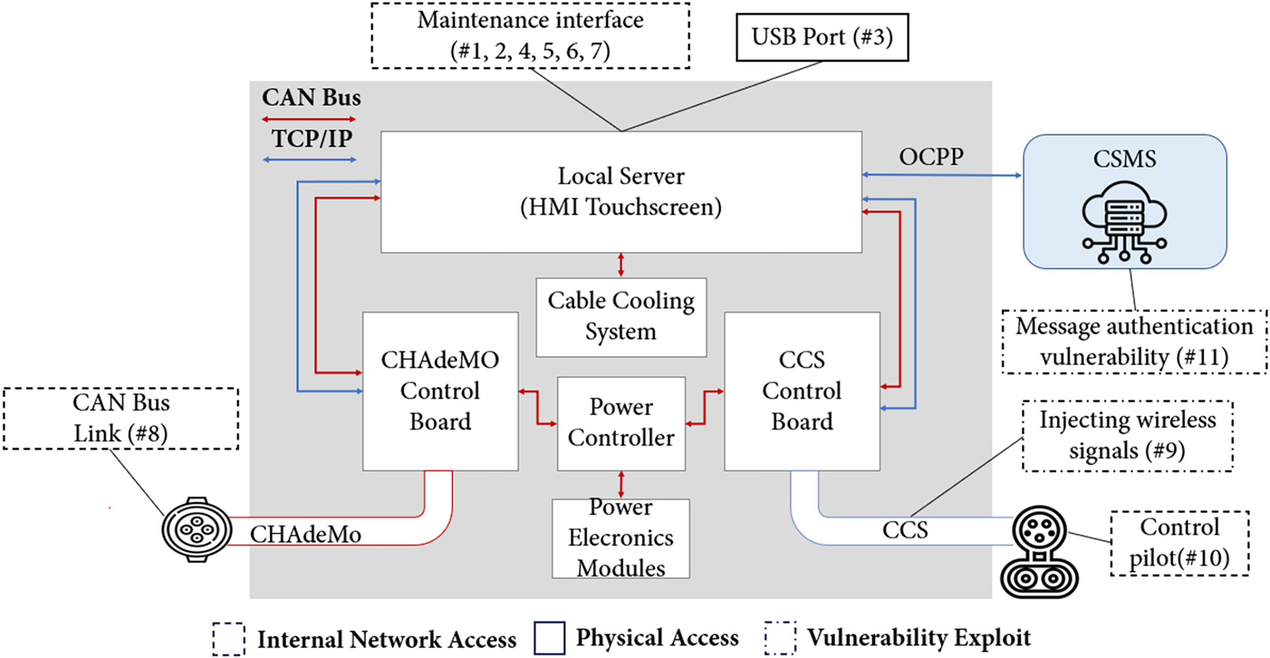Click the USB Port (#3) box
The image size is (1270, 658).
822,37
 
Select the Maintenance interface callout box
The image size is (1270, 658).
530,36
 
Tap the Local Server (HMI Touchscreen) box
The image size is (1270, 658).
621,192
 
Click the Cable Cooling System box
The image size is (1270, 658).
621,317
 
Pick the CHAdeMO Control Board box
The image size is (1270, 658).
440,391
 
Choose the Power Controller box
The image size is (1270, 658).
621,423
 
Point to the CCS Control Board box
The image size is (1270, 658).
802,391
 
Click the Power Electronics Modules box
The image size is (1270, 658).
620,538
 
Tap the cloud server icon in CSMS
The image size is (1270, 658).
1124,222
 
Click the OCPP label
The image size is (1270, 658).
931,156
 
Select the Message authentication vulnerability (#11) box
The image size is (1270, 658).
1134,342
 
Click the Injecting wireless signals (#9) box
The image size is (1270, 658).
1127,436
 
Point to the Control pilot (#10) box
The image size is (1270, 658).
1179,543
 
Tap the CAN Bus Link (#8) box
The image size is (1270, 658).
121,418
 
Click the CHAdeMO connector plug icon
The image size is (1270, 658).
196,530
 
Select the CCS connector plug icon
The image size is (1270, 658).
1039,552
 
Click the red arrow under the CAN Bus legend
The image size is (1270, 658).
309,120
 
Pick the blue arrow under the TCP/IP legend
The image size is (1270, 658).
309,160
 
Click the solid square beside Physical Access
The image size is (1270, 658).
549,638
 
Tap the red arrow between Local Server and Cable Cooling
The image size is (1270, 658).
621,265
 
